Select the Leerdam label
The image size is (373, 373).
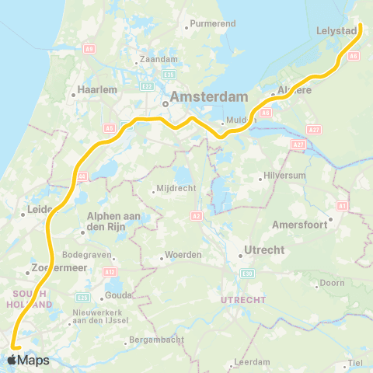click(254, 362)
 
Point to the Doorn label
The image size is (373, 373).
click(332, 283)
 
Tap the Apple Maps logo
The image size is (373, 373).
click(28, 360)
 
